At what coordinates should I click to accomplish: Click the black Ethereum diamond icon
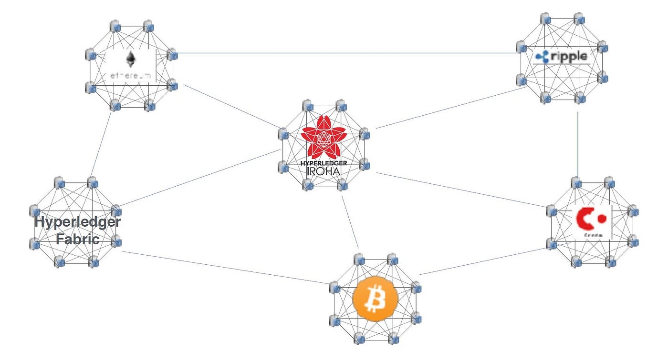130,60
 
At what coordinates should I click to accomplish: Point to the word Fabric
78,238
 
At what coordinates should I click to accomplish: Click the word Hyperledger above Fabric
78,222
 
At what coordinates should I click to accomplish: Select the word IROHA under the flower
324,170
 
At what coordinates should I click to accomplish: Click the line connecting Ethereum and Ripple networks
344,53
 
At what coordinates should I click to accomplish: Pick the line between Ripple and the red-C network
578,143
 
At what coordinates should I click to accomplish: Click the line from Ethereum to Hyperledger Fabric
101,143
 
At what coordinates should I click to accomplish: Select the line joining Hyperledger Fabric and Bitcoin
224,267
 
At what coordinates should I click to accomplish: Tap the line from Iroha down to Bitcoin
350,221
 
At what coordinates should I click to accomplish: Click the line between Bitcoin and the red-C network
482,261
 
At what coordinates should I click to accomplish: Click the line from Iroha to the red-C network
460,189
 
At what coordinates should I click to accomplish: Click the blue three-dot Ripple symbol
543,57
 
